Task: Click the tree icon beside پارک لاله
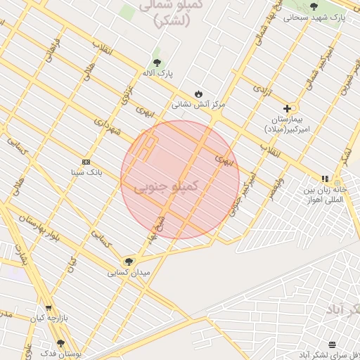point(156,62)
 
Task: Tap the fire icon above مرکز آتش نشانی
point(199,94)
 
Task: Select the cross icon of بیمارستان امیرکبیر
point(287,108)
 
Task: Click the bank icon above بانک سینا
point(86,161)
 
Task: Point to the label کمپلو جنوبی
point(162,186)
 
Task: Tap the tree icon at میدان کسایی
point(128,262)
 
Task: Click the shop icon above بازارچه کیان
point(49,308)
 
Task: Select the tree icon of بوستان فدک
point(60,344)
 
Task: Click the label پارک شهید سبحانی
point(314,18)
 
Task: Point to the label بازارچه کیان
point(49,318)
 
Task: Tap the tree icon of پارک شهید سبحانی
point(314,6)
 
